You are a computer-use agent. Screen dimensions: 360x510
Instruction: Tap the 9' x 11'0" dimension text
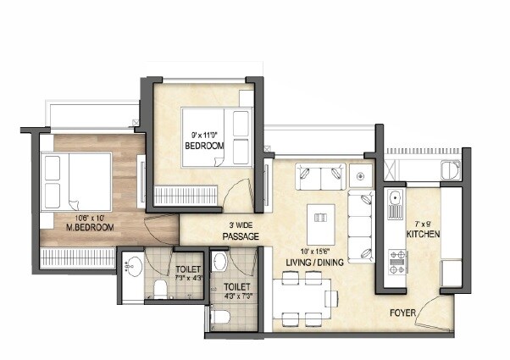[204, 134]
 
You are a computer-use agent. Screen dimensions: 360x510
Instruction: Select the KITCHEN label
[423, 234]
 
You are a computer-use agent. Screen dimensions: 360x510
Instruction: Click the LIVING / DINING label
[315, 263]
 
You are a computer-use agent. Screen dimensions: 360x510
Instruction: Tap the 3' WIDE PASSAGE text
[241, 230]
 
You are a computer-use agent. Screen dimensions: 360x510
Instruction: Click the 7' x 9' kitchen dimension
[421, 223]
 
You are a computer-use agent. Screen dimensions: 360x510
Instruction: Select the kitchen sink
[396, 202]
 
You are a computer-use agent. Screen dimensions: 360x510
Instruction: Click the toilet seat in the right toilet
[219, 318]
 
